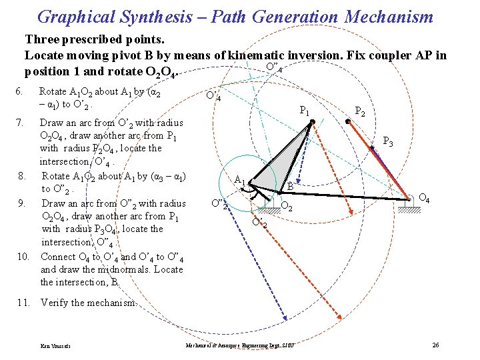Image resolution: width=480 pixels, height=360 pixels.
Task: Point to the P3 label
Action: [x=388, y=142]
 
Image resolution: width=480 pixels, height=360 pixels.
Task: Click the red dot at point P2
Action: [x=349, y=121]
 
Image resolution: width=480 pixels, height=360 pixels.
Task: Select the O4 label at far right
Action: [x=423, y=198]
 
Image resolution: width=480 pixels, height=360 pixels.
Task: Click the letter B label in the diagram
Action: [x=291, y=187]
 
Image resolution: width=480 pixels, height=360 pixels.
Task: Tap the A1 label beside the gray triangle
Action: [x=240, y=179]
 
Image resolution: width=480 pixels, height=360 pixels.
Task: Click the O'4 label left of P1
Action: [x=213, y=97]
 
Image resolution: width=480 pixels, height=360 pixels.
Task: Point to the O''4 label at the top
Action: [x=273, y=67]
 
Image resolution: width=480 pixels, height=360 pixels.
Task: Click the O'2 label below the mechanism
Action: [x=260, y=222]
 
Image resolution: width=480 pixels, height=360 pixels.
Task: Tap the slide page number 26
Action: [x=435, y=345]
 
